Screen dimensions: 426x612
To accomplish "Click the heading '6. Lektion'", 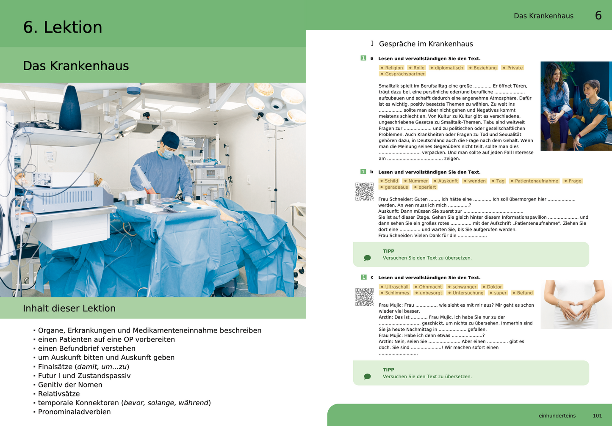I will point(63,27).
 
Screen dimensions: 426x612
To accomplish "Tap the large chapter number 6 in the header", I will point(598,16).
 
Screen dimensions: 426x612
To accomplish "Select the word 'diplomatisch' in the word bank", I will point(447,68).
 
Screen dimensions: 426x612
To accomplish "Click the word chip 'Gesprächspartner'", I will point(402,74).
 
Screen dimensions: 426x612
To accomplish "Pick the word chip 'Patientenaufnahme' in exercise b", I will point(534,181).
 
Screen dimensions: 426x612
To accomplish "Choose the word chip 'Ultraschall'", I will point(394,287).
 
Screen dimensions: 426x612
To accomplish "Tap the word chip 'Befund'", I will point(523,293).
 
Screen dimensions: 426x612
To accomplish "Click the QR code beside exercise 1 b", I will point(364,191).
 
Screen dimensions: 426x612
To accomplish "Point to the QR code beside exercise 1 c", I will point(364,297).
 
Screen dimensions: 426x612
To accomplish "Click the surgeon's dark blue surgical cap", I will point(171,140).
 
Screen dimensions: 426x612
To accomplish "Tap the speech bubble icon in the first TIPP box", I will point(367,258).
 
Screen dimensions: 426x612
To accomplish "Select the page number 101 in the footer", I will point(597,416).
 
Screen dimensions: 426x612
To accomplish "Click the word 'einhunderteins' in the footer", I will point(557,416).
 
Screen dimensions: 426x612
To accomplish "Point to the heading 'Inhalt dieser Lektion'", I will point(69,308).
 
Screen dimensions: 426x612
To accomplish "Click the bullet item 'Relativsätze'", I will point(59,394).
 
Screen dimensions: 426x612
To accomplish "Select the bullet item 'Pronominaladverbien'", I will point(74,412).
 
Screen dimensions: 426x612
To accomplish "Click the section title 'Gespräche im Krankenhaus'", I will point(426,44).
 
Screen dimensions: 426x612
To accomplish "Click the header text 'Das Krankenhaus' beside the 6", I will point(543,16).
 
